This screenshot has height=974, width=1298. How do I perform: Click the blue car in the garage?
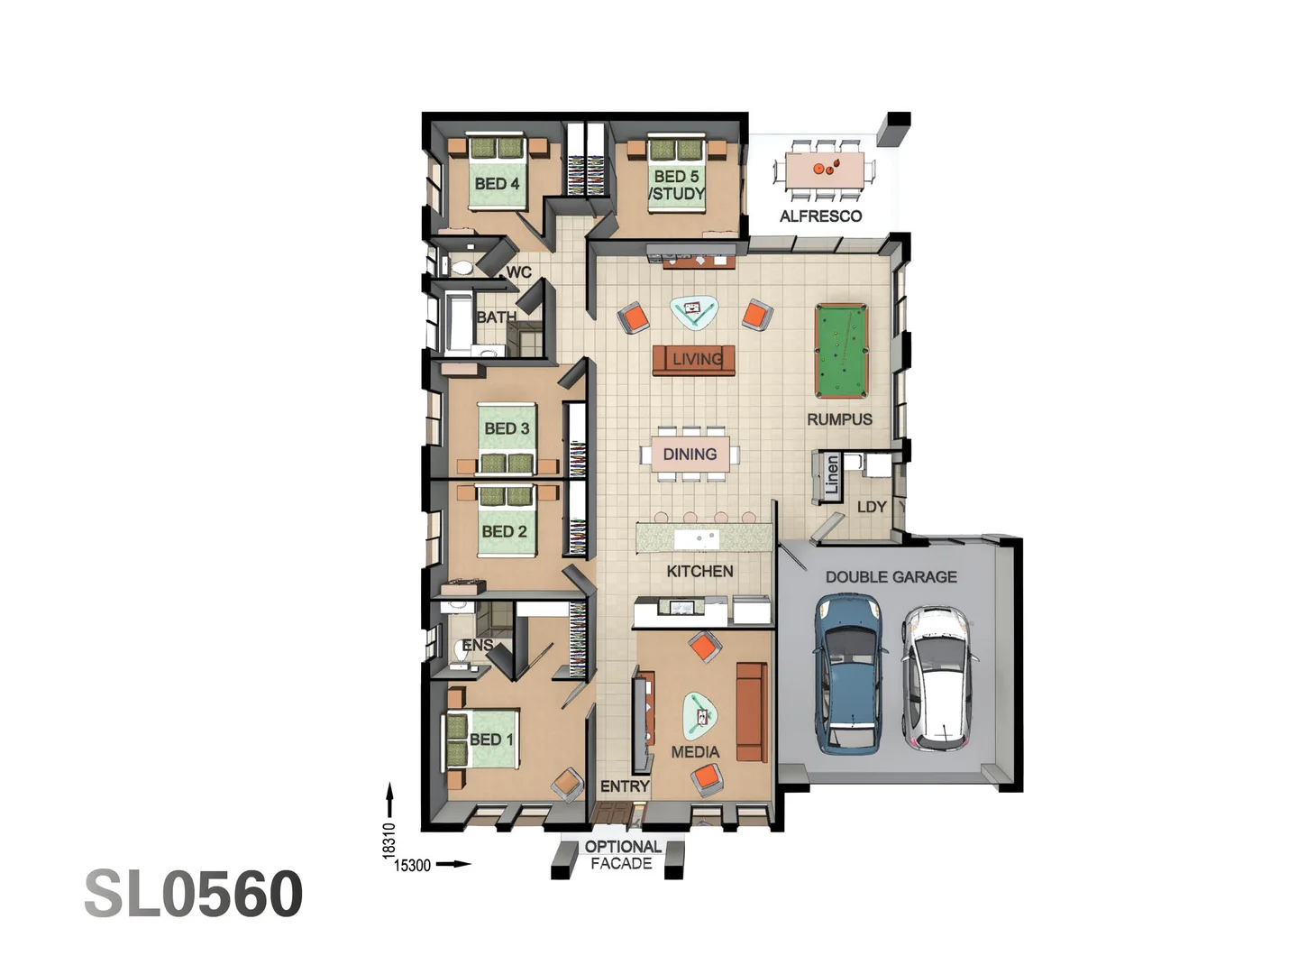(848, 675)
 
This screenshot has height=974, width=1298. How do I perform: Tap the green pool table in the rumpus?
(840, 351)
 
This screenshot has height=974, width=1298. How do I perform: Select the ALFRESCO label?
(820, 216)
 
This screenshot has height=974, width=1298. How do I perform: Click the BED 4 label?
(497, 184)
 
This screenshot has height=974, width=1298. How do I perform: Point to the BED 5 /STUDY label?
(677, 185)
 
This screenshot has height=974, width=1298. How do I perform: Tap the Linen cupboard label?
(831, 475)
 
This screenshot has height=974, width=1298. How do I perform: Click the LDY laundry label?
(872, 507)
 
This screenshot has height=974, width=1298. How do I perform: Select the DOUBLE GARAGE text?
(891, 577)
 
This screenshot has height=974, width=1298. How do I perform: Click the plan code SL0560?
(194, 894)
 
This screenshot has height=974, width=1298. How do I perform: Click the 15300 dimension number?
(413, 866)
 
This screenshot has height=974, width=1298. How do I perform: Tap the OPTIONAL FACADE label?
(622, 855)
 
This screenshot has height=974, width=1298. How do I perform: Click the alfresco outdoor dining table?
(825, 170)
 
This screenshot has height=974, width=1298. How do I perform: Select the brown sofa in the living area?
(693, 359)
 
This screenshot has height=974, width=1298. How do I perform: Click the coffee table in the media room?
(699, 715)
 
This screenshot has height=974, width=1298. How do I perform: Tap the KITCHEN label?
(699, 571)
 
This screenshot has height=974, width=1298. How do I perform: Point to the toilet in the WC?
(462, 267)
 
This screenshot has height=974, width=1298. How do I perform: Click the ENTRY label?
(625, 786)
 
